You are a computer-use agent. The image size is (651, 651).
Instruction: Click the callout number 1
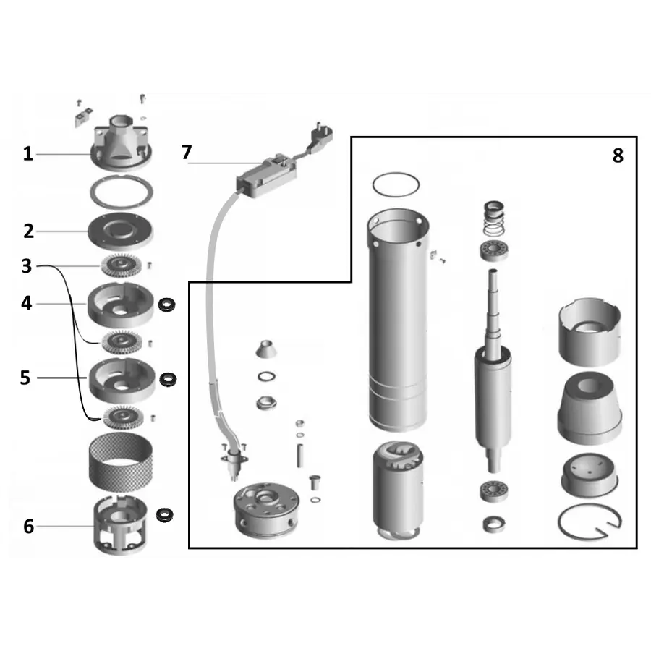tap(27, 154)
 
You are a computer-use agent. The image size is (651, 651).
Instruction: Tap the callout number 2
tap(28, 231)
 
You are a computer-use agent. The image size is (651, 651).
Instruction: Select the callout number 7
tap(187, 152)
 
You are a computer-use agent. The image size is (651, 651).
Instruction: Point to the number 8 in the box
tap(618, 156)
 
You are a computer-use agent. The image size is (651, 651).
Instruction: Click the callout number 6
tap(28, 527)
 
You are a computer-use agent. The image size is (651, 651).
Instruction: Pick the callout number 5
tap(25, 378)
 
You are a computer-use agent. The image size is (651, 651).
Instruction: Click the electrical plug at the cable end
tap(320, 135)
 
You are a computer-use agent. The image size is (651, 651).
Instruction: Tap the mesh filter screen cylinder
tap(121, 461)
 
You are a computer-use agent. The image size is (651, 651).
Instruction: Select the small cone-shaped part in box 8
tap(265, 349)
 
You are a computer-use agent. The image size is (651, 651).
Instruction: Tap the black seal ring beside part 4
tap(166, 305)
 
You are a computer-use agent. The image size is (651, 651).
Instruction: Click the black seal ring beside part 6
tap(165, 515)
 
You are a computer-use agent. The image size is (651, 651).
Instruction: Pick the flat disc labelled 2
tap(120, 231)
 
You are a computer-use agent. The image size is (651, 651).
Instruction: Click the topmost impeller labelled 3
tap(122, 265)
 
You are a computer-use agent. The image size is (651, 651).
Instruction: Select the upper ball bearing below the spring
tap(494, 250)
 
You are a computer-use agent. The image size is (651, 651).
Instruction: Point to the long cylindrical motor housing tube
tap(398, 320)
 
